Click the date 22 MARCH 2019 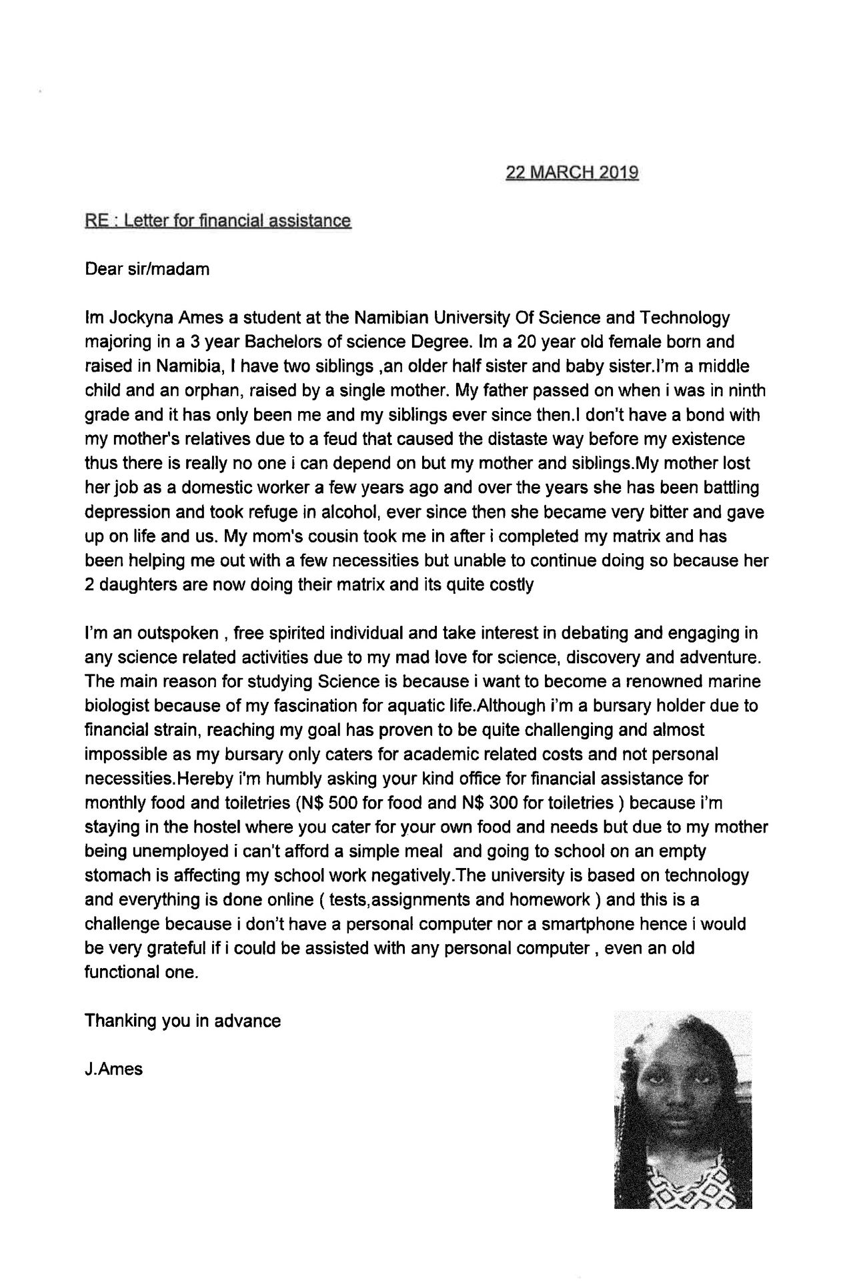click(x=572, y=173)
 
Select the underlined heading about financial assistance click(x=217, y=221)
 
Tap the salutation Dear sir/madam click(x=147, y=270)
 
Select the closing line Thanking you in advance click(x=183, y=1021)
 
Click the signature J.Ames click(x=114, y=1070)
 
